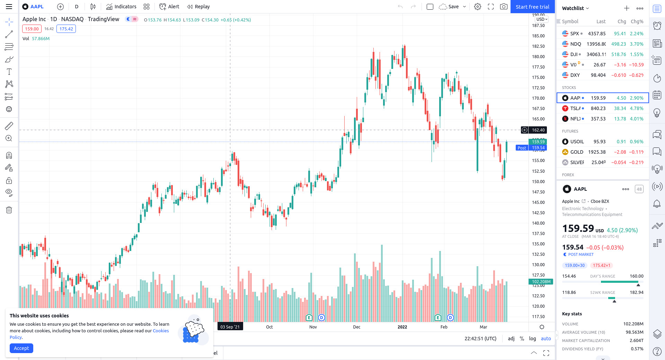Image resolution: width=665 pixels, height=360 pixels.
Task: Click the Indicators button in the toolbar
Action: (x=121, y=7)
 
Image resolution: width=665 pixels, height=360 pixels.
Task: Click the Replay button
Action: (x=198, y=7)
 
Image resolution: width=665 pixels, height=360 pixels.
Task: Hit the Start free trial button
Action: (x=532, y=7)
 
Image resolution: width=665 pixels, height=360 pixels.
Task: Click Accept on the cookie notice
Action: (x=21, y=348)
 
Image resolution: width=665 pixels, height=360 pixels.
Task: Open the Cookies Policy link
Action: (x=160, y=331)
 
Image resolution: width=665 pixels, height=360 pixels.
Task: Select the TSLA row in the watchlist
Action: (x=602, y=108)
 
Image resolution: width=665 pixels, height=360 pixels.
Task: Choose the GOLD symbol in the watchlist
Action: (x=576, y=152)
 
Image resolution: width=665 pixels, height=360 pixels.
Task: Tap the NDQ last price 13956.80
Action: (x=596, y=44)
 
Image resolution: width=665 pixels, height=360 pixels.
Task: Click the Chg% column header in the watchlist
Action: (x=637, y=21)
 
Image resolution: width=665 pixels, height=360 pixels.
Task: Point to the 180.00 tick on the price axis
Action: (x=538, y=57)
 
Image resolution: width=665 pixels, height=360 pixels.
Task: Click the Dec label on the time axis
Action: (x=357, y=327)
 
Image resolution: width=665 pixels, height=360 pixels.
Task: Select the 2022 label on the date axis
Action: (x=402, y=327)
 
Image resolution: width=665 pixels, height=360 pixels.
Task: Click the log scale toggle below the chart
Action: (x=532, y=339)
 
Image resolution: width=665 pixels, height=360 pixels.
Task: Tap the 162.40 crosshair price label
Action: (x=538, y=130)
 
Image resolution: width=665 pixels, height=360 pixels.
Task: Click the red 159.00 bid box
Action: (x=32, y=29)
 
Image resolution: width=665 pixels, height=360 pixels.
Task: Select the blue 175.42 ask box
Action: (x=66, y=29)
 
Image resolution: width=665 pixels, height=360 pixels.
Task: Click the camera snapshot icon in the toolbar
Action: (x=504, y=7)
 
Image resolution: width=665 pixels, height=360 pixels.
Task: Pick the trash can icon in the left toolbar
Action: (x=9, y=210)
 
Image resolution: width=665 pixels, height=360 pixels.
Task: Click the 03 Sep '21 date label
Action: (x=230, y=327)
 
